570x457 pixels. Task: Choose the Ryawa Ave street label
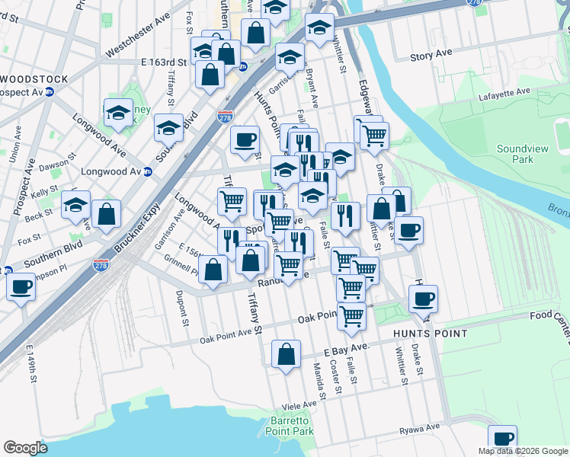[x=420, y=429]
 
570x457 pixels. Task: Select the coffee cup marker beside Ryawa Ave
[x=502, y=439]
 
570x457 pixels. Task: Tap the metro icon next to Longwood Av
[x=149, y=171]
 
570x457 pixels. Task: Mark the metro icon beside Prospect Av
[x=50, y=92]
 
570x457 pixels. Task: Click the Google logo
[x=25, y=448]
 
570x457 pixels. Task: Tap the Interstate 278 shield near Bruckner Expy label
[x=100, y=264]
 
